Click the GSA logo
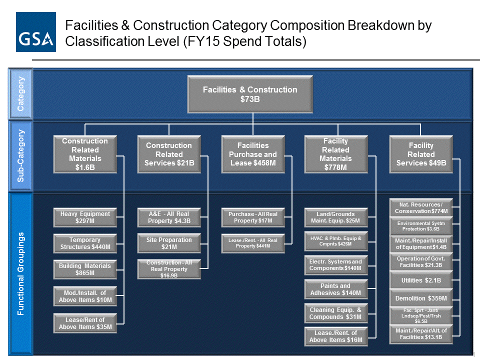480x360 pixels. (x=36, y=32)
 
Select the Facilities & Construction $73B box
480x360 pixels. (x=250, y=94)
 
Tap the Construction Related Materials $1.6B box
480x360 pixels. (x=85, y=154)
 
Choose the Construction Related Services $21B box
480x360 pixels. (x=169, y=154)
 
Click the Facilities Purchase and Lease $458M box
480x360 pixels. (x=253, y=154)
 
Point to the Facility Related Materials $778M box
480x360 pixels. (x=336, y=154)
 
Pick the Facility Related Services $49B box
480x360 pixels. (x=421, y=154)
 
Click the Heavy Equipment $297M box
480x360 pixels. (x=85, y=217)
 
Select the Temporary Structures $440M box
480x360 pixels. (x=85, y=243)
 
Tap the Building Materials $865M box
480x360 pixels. (x=85, y=269)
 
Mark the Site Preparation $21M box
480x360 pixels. (x=169, y=243)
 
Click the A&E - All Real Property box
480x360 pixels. (x=169, y=217)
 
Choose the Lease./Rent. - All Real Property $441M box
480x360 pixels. (x=253, y=243)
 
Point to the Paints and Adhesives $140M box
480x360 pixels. (x=336, y=289)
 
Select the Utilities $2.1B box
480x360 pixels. (x=421, y=280)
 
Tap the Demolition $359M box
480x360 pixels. (x=421, y=298)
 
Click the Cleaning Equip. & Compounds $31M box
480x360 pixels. (x=336, y=313)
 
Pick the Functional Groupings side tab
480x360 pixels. (x=20, y=273)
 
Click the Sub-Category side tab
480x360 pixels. (x=20, y=155)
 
